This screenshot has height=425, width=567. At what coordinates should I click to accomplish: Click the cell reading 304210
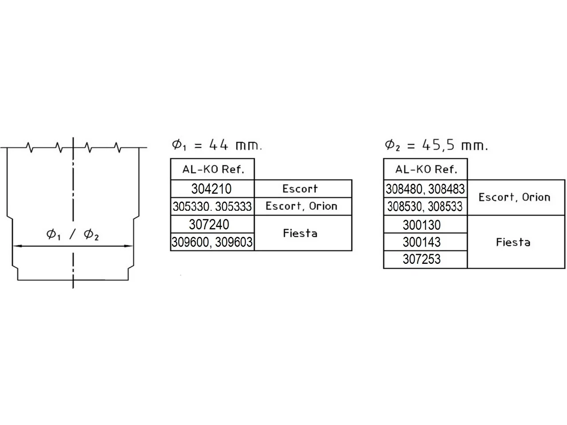[212, 189]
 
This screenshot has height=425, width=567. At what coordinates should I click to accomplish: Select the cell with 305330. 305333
[212, 206]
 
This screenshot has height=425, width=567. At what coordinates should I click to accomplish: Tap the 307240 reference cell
[212, 224]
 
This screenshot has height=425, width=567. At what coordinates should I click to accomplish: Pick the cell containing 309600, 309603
[212, 242]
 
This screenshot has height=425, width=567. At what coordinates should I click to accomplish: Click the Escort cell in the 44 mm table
[303, 189]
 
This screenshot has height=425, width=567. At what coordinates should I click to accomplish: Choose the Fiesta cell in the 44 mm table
[303, 233]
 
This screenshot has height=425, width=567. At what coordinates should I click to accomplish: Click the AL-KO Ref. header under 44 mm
[212, 169]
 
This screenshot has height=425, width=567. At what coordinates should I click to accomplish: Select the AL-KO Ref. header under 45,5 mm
[425, 169]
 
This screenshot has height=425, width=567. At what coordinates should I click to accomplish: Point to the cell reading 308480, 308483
[425, 189]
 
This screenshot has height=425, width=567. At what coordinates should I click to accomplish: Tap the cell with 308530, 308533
[425, 206]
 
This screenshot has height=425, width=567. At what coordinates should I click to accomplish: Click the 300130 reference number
[422, 225]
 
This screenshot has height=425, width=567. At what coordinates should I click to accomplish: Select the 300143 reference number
[422, 242]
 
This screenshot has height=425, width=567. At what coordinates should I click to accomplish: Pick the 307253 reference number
[422, 259]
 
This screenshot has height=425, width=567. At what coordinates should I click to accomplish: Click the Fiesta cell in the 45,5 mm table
[516, 242]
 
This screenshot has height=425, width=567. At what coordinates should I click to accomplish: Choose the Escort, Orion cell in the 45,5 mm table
[516, 197]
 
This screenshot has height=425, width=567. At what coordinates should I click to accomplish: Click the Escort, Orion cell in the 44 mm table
[303, 206]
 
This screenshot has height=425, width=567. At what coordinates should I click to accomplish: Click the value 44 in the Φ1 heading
[218, 145]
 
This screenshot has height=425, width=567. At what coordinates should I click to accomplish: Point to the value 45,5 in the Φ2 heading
[438, 145]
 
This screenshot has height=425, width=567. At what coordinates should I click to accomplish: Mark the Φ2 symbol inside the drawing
[91, 235]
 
